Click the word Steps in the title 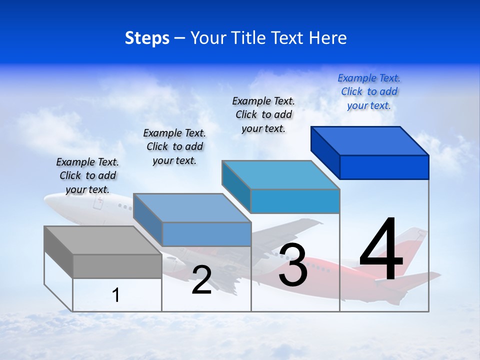click(x=147, y=38)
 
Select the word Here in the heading click(x=328, y=38)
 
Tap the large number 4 click(x=381, y=250)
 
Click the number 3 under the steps click(x=293, y=265)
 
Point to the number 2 click(x=201, y=280)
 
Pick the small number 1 click(x=116, y=295)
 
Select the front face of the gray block click(x=117, y=266)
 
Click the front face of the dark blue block click(x=384, y=167)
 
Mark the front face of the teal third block click(x=295, y=201)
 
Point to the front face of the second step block click(x=206, y=234)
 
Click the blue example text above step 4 click(x=369, y=92)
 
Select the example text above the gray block click(x=87, y=175)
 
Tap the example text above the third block click(x=263, y=114)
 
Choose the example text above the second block click(x=174, y=146)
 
